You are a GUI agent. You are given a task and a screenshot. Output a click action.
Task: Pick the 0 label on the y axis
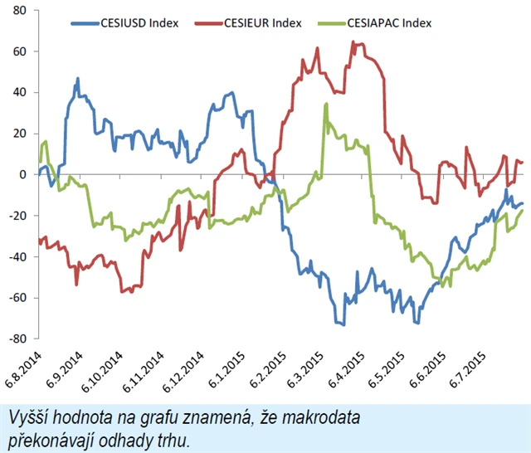pyautogui.click(x=24, y=174)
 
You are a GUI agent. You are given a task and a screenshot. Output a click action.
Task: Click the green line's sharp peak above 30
pyautogui.click(x=326, y=105)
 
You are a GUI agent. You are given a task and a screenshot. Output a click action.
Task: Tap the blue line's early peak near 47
pyautogui.click(x=78, y=80)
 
